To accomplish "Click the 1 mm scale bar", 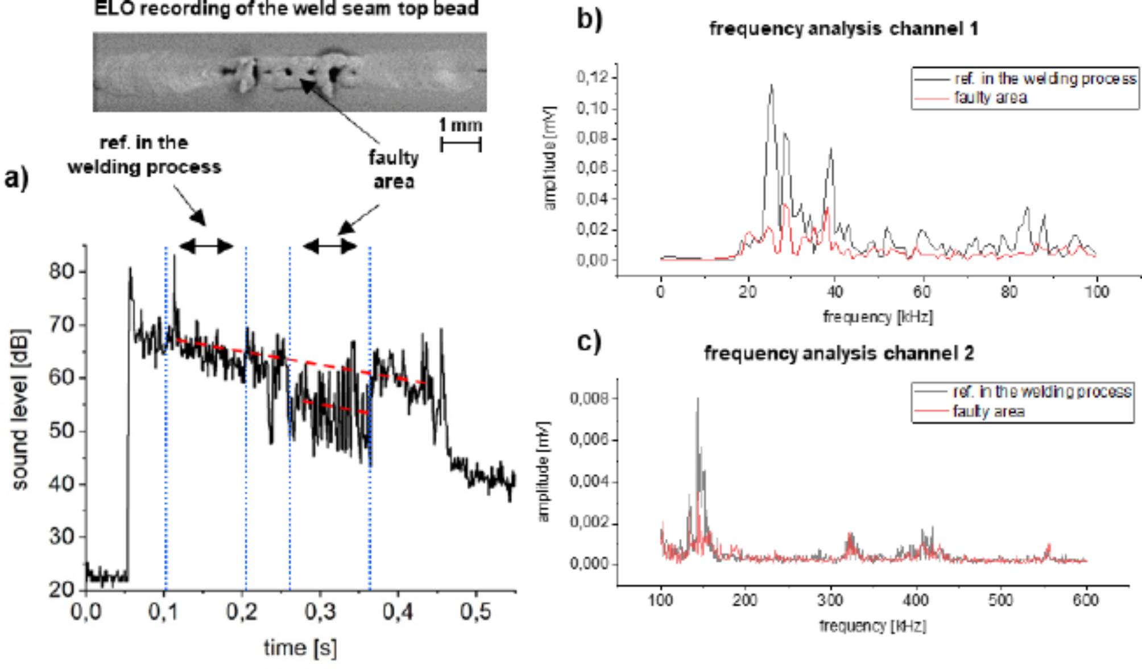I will pyautogui.click(x=461, y=144).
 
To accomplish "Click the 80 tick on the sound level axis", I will pyautogui.click(x=61, y=271).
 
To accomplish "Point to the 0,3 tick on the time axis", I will pyautogui.click(x=320, y=612).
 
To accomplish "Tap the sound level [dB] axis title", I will pyautogui.click(x=19, y=409).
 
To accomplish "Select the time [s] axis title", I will pyautogui.click(x=300, y=647).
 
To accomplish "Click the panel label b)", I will pyautogui.click(x=589, y=19).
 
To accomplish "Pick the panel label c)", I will pyautogui.click(x=589, y=342).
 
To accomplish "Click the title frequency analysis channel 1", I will pyautogui.click(x=843, y=28).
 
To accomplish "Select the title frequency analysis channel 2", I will pyautogui.click(x=839, y=354).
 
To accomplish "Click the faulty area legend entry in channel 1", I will pyautogui.click(x=990, y=98).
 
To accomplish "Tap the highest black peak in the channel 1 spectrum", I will pyautogui.click(x=771, y=86).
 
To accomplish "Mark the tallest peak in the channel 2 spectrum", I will pyautogui.click(x=698, y=399).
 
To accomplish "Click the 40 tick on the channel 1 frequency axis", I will pyautogui.click(x=834, y=292).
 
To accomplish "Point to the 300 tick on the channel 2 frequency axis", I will pyautogui.click(x=830, y=600).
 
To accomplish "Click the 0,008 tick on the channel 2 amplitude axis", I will pyautogui.click(x=589, y=398).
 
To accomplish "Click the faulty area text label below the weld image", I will pyautogui.click(x=393, y=169).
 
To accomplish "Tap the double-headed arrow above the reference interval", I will pyautogui.click(x=206, y=246).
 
